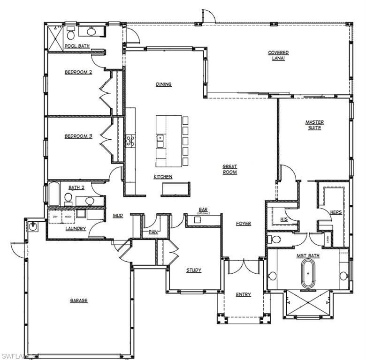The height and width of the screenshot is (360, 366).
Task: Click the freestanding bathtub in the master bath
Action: pos(308,274)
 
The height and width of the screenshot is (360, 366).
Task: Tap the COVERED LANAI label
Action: pos(278,55)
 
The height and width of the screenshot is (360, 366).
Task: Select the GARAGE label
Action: pos(79,300)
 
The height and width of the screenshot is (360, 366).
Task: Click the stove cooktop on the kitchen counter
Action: pos(130,141)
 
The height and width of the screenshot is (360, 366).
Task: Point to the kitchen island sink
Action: pos(160,138)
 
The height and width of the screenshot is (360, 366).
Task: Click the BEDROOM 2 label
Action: pos(78,72)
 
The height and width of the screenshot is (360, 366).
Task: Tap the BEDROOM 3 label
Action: pos(78,136)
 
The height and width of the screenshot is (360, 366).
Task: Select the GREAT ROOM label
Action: pos(229,169)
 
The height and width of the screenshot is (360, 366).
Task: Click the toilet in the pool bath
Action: pos(71,34)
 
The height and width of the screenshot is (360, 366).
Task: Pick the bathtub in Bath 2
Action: pos(54,195)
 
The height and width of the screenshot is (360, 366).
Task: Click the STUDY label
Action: pos(194,270)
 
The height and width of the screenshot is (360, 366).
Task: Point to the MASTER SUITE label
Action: pos(314,125)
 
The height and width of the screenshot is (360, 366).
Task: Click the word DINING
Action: pos(164,84)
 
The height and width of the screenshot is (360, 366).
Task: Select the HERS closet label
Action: pos(336,212)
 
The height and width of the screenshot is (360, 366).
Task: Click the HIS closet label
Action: pos(283,219)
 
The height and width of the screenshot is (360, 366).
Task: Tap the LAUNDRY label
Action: pos(75,228)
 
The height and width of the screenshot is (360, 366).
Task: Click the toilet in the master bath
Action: pos(275,240)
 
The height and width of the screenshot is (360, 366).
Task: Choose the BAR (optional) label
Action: pos(203,210)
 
